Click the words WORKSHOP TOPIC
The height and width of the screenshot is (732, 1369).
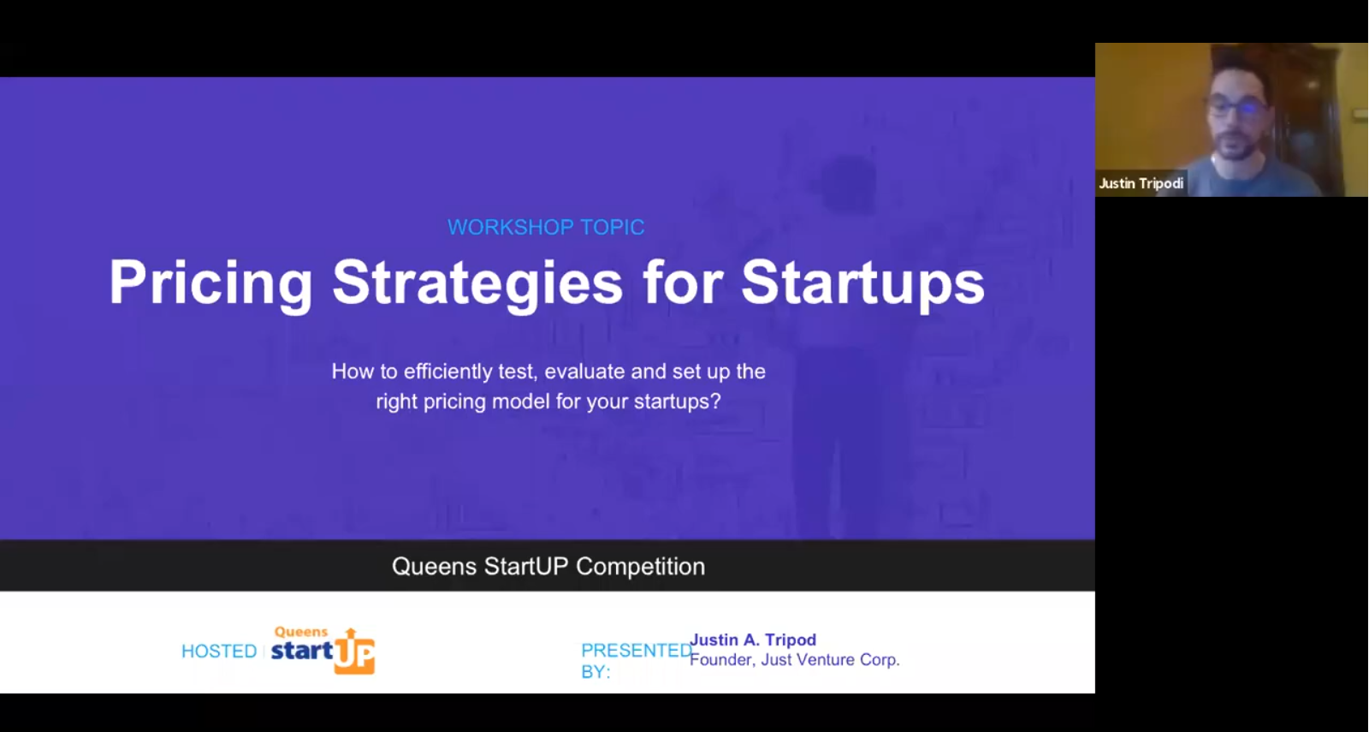(x=546, y=227)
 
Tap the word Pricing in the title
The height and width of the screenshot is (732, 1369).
(x=210, y=283)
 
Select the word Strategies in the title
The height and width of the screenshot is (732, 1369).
(x=477, y=283)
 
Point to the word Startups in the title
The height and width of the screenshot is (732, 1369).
(x=863, y=283)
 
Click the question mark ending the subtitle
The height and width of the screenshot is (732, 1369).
(x=715, y=402)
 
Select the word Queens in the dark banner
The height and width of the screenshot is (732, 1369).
(x=434, y=567)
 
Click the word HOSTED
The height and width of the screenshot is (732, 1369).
(x=219, y=652)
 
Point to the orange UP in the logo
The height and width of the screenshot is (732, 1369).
(x=354, y=654)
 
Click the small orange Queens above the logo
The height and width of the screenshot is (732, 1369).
(x=300, y=632)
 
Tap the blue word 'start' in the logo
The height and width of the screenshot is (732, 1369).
(x=302, y=651)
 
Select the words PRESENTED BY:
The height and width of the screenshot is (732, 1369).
(x=636, y=660)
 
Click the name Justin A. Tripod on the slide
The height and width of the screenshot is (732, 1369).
(x=753, y=640)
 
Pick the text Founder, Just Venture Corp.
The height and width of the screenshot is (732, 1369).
(x=795, y=660)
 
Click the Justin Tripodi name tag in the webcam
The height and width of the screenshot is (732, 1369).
(x=1141, y=183)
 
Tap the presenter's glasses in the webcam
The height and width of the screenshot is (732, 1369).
(x=1236, y=109)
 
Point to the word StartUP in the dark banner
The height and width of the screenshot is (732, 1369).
(x=526, y=567)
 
